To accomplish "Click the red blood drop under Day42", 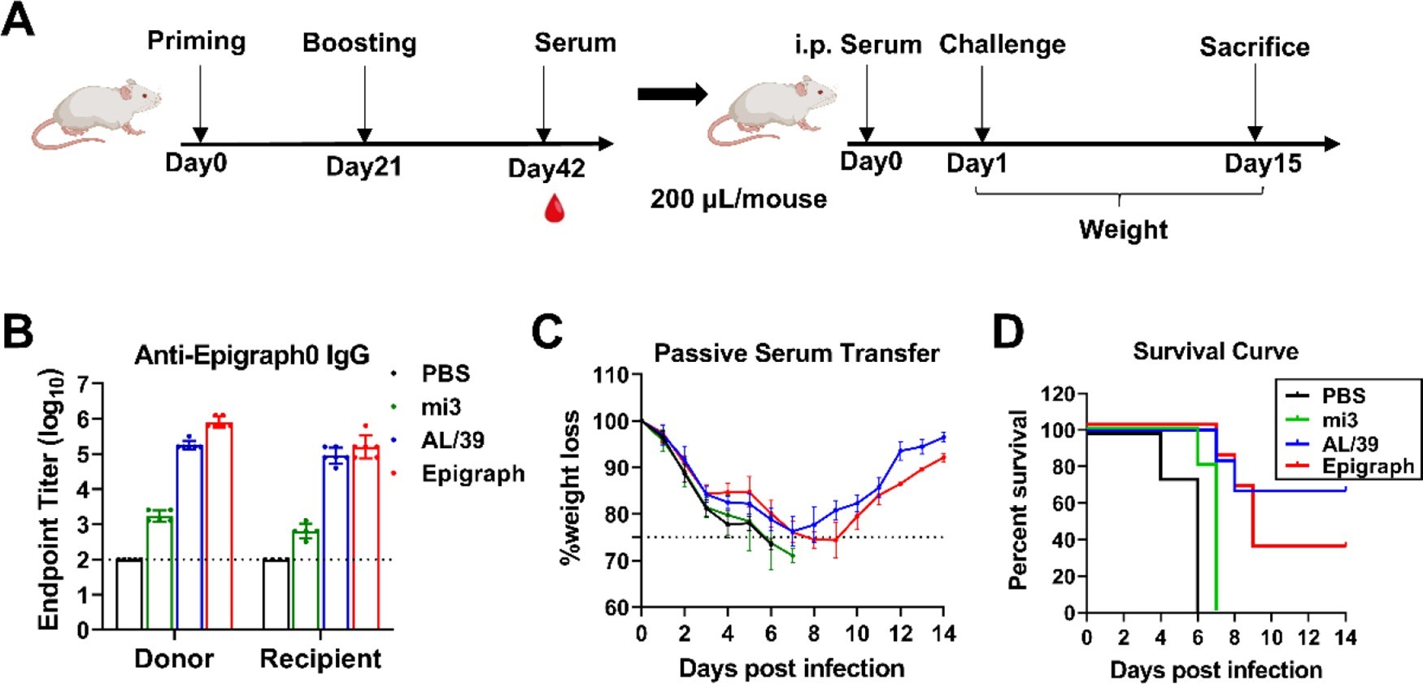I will (554, 208).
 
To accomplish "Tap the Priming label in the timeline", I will (196, 41).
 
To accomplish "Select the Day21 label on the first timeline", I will (363, 167).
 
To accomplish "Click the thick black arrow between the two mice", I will (672, 94).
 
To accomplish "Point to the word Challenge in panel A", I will (1002, 44).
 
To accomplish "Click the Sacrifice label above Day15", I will (1254, 46).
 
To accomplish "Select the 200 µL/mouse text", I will (738, 198).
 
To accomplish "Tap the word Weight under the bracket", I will (1123, 229).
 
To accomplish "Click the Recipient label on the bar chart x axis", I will (320, 659).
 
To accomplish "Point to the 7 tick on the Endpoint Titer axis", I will (83, 383).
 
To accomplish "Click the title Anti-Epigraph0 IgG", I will (252, 355).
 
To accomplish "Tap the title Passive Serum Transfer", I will (796, 353).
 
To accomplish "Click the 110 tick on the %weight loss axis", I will (612, 375).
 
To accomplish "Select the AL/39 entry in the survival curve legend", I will (1350, 443).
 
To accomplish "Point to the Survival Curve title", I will (1215, 351).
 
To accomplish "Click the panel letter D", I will (1008, 331).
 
